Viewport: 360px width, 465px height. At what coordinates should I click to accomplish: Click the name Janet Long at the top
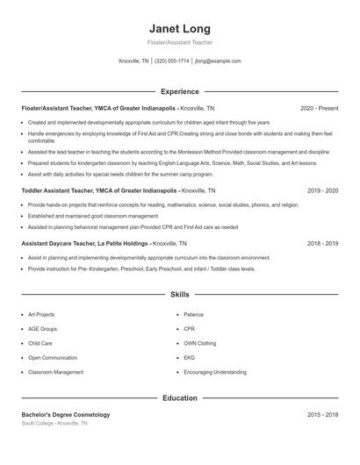(179, 28)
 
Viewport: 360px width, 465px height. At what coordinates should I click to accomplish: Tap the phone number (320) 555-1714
(171, 61)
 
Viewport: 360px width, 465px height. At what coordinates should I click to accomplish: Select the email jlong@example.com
(218, 61)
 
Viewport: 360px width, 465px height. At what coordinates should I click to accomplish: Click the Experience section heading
(179, 91)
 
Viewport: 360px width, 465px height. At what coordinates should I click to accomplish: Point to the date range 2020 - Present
(319, 108)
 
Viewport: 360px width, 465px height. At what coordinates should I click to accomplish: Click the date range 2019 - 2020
(322, 190)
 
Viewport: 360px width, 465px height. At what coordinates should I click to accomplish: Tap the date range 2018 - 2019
(322, 243)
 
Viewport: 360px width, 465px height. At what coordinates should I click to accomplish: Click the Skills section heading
(179, 295)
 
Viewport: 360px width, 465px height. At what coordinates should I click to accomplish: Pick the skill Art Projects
(41, 314)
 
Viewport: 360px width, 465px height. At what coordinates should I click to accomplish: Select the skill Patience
(193, 314)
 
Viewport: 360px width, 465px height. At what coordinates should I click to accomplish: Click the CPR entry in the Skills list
(189, 329)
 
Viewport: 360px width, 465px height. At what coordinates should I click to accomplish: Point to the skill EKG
(189, 358)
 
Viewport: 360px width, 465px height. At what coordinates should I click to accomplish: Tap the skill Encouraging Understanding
(214, 372)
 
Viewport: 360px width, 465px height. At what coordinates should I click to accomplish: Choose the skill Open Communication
(52, 358)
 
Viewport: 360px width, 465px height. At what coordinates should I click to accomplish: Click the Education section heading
(179, 398)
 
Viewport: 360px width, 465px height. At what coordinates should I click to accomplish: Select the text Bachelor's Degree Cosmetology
(66, 414)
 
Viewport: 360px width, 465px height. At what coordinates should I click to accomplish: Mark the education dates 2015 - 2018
(322, 414)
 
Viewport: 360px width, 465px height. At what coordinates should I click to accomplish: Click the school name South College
(38, 423)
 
